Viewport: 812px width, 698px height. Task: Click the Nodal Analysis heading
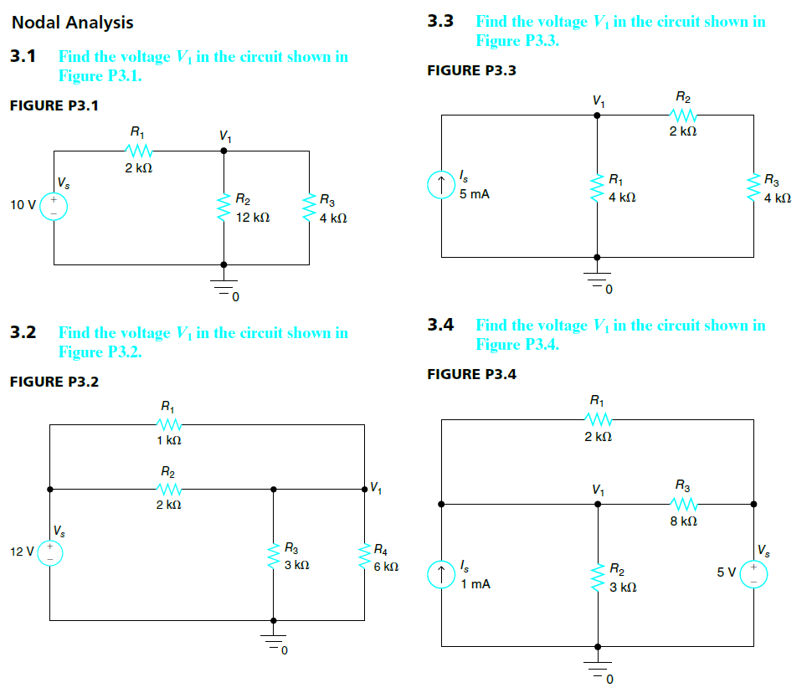72,23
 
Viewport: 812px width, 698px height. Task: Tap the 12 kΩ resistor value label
252,218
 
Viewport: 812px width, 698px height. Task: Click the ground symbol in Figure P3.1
224,285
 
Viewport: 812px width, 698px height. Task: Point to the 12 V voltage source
49,552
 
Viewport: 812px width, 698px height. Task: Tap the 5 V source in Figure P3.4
753,573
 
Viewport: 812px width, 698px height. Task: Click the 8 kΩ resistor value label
683,521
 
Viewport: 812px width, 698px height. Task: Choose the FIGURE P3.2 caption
54,382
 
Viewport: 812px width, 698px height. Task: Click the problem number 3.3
440,21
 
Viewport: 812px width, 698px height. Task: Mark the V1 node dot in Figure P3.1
224,151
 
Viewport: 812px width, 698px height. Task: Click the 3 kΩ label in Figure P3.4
624,588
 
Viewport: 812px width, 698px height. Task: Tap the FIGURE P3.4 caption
471,374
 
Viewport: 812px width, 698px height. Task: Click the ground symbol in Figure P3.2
273,640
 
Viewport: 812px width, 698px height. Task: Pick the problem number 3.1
23,57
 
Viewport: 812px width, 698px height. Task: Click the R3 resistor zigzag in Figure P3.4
683,504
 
